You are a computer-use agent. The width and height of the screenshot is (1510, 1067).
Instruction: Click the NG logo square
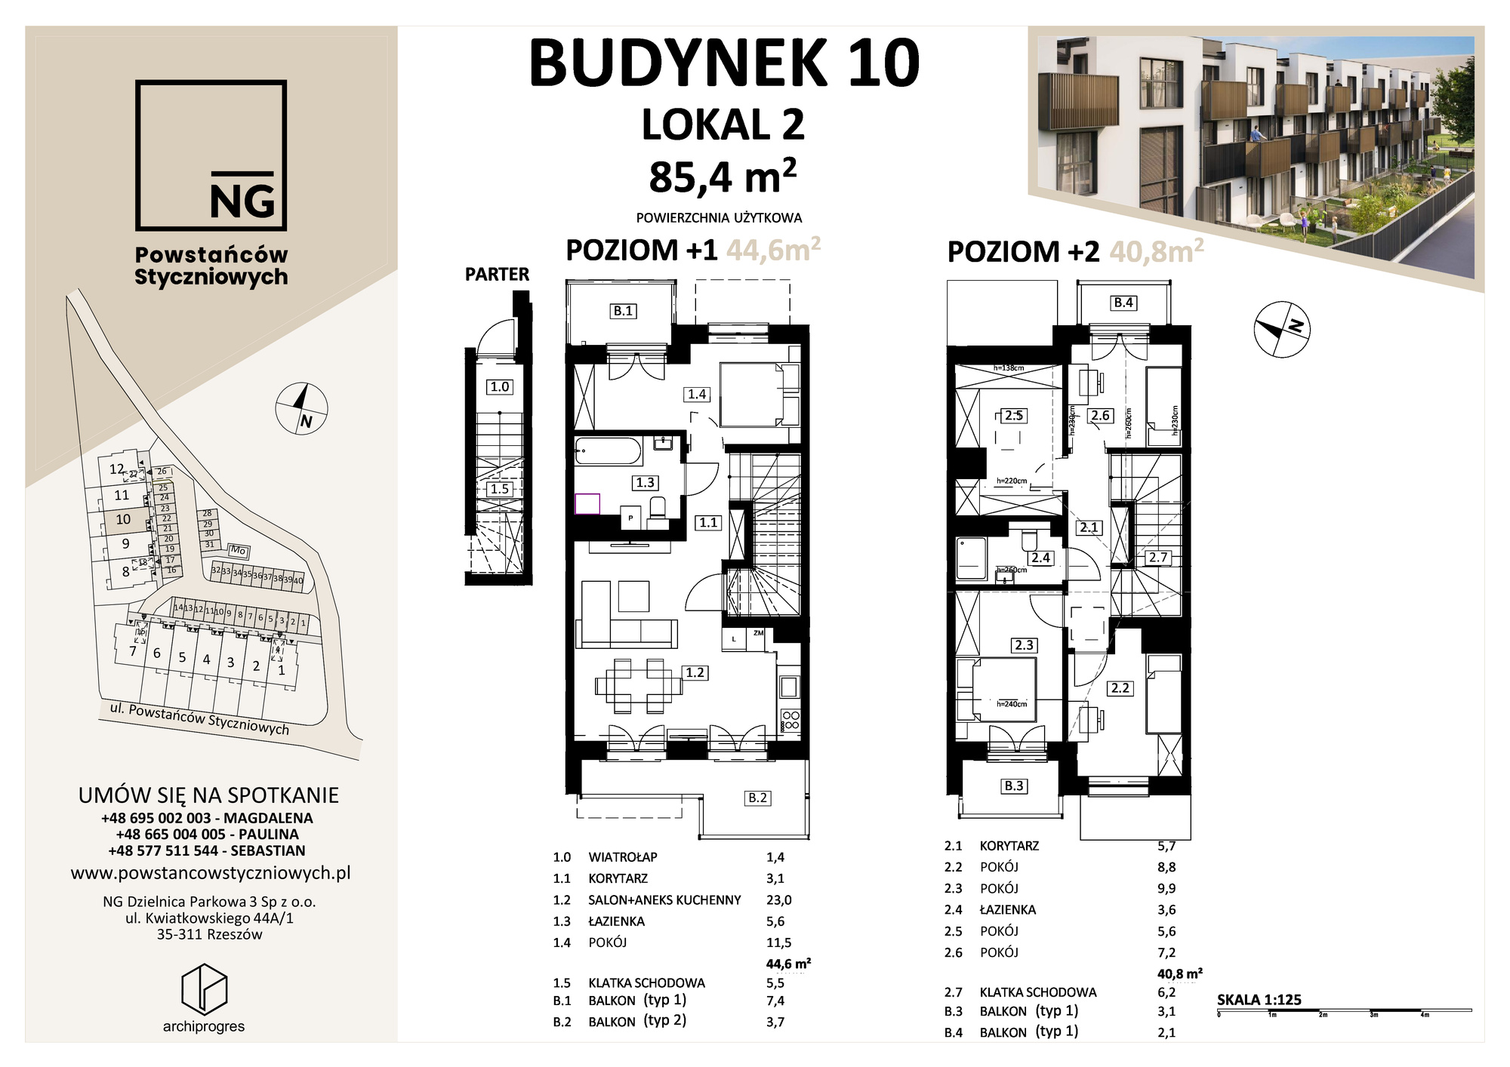tap(211, 155)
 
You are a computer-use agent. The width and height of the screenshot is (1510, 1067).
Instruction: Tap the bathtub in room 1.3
tap(608, 451)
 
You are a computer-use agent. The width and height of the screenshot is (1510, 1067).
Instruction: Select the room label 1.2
tap(695, 672)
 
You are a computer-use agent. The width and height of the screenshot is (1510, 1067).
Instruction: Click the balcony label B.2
tap(757, 798)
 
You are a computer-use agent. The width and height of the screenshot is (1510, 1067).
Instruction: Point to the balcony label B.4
tap(1123, 303)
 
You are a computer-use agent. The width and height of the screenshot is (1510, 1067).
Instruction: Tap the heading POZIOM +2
tap(1023, 251)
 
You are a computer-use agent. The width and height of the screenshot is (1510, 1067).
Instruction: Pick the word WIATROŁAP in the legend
tap(623, 857)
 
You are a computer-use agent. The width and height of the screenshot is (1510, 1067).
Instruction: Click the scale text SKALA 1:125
tap(1259, 1000)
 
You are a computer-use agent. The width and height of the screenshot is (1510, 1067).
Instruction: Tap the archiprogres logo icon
tap(204, 988)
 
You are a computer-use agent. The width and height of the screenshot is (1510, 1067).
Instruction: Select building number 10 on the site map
tap(123, 519)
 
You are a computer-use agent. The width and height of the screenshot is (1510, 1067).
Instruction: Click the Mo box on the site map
tap(239, 551)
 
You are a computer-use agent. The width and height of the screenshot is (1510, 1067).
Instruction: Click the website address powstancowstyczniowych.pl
tap(211, 873)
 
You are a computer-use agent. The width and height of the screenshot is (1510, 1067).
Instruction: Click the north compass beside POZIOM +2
tap(1281, 329)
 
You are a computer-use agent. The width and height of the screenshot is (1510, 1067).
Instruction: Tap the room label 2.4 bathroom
tap(1040, 558)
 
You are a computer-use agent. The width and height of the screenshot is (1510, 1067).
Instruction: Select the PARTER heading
tap(497, 275)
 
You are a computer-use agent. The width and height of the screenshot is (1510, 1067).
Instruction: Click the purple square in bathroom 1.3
tap(587, 504)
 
